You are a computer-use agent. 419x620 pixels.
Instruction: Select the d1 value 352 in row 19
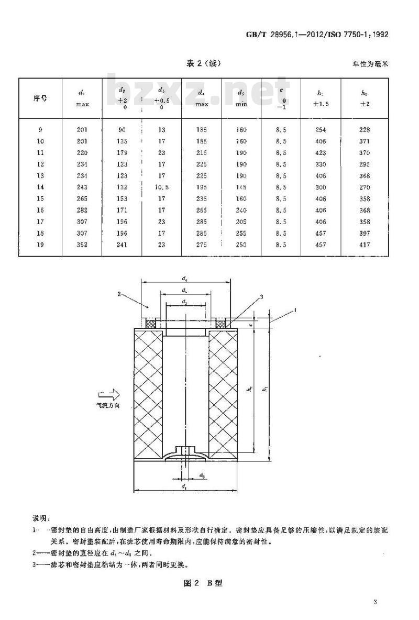82,245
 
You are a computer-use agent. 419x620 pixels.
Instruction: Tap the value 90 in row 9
122,130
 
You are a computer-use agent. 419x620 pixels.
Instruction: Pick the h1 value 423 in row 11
321,153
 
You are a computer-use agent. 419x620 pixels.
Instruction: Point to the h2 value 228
365,130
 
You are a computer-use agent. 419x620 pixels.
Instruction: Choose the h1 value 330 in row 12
321,164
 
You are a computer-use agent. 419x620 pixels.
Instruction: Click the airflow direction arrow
108,394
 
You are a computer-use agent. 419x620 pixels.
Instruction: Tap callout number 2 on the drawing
119,294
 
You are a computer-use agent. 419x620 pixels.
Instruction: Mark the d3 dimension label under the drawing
202,474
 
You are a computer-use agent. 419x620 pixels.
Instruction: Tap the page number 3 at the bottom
376,602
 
